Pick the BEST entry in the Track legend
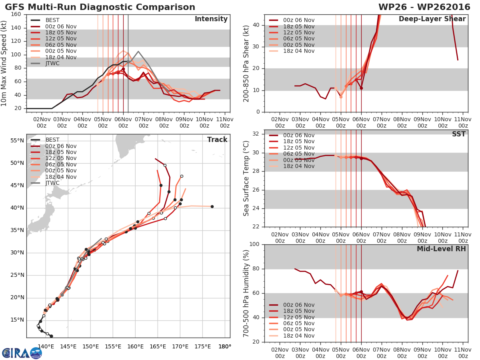52,140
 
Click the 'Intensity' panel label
211,19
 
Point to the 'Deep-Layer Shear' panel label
432,19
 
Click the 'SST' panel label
459,134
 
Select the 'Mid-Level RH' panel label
441,249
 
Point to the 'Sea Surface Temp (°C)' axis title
246,178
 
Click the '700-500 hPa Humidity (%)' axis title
246,293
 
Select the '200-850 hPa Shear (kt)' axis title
246,63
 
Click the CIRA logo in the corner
22,353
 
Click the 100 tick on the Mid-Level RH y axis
253,244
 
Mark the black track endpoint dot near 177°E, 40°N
212,206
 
